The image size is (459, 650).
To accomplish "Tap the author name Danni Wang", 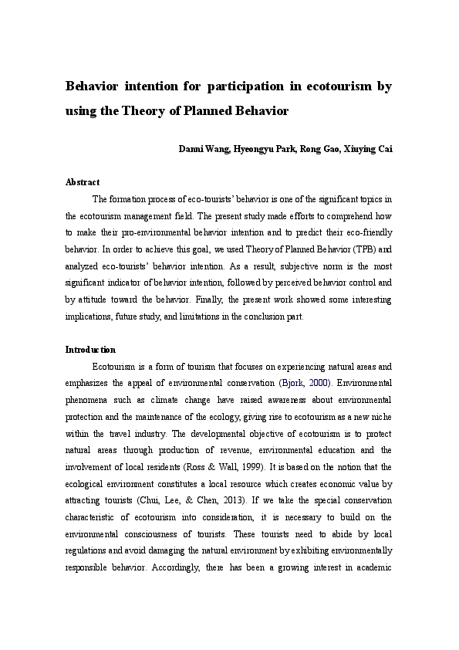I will (x=204, y=149).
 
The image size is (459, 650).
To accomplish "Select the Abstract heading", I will (x=83, y=182).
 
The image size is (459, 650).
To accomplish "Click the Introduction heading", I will (x=90, y=350).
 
